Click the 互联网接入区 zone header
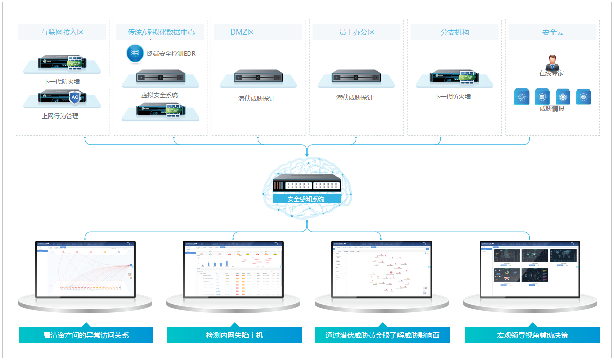(63, 32)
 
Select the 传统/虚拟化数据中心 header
(161, 32)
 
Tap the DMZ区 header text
(242, 32)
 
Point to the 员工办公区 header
(357, 32)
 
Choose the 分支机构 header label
(455, 32)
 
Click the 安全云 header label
(552, 32)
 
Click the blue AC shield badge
(75, 97)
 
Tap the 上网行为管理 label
(60, 116)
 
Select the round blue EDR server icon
(135, 53)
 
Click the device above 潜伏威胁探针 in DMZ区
(258, 77)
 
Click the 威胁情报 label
(552, 108)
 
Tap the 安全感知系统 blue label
(306, 199)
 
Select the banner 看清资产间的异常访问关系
(86, 335)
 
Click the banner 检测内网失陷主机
(234, 335)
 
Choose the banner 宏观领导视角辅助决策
(532, 335)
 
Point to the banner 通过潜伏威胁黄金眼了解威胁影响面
(382, 335)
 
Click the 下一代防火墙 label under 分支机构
(452, 96)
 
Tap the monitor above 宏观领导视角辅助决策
(530, 269)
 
